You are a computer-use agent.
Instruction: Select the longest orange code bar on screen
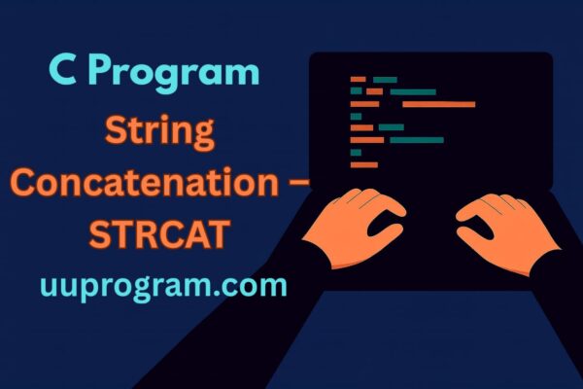pos(438,104)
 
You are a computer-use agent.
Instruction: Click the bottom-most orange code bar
pos(364,164)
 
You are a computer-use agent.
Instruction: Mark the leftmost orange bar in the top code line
pos(358,79)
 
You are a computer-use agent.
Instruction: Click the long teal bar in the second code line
pos(412,91)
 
